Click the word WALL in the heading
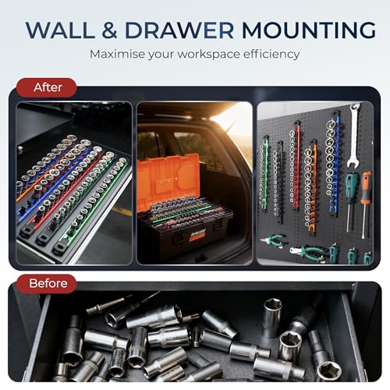60,30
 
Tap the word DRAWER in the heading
179,30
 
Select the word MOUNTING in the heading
309,30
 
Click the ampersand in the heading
110,30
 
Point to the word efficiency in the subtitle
271,54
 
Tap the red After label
47,87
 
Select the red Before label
47,283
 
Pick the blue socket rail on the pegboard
332,164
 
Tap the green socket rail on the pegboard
264,173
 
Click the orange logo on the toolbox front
197,235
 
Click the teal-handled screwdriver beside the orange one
351,201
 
